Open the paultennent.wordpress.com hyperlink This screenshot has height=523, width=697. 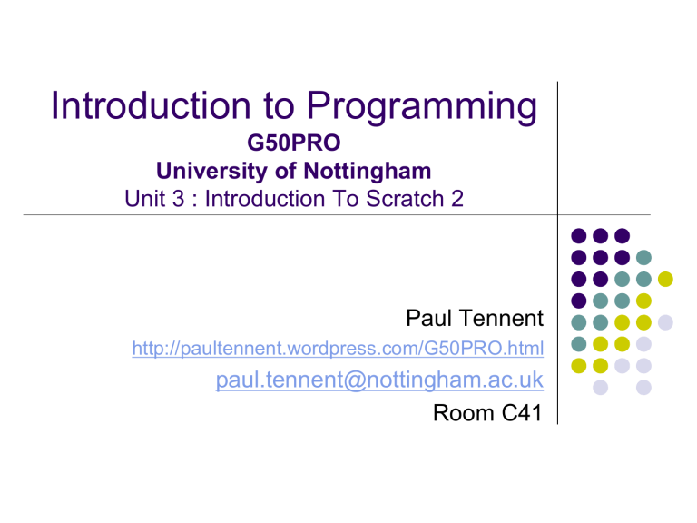click(338, 350)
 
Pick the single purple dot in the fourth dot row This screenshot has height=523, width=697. click(577, 300)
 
